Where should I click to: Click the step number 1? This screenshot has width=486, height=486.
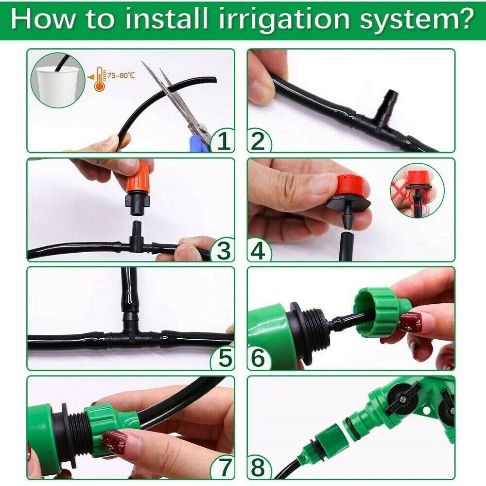tap(223, 141)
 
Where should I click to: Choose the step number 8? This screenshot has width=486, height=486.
tap(258, 468)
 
